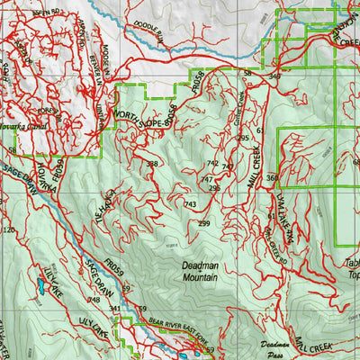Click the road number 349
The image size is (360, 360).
tap(274, 78)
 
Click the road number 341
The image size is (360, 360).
tap(114, 309)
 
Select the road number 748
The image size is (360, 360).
tap(93, 300)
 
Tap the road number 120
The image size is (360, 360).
tap(9, 230)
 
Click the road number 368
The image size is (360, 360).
tap(272, 178)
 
